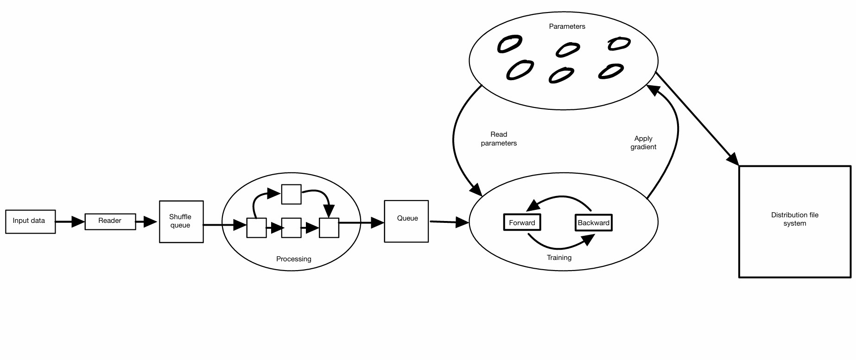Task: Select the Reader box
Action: tap(110, 221)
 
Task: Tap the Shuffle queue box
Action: tap(181, 221)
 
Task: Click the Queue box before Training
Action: tap(406, 221)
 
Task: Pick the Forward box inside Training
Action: tap(522, 222)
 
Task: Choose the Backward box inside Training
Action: tap(593, 222)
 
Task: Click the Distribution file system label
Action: tap(794, 219)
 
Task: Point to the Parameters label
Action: tap(567, 26)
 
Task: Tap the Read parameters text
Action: tap(499, 139)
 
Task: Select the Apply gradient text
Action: tap(643, 143)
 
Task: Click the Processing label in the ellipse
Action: tap(293, 259)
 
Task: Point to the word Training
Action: tap(559, 258)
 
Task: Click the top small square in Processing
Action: tap(292, 194)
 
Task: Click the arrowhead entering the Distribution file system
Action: tap(733, 158)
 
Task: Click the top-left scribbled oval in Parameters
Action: tap(509, 44)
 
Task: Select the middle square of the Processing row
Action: tap(292, 228)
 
